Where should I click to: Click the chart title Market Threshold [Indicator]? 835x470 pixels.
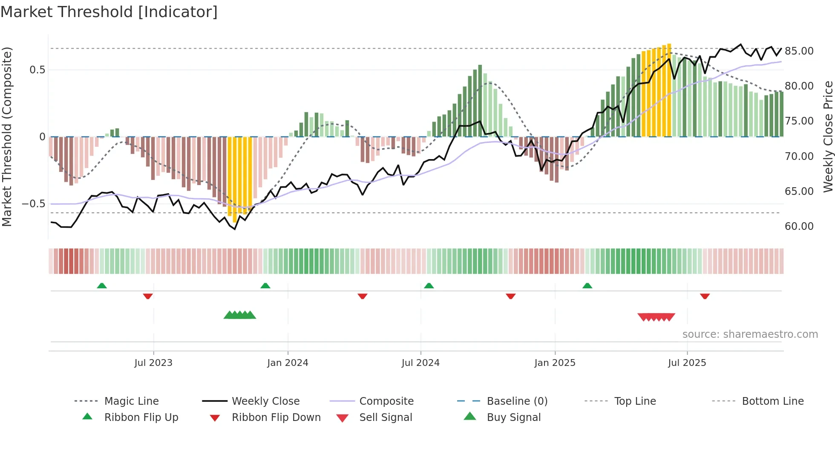coord(109,12)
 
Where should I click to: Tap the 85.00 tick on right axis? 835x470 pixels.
coord(799,51)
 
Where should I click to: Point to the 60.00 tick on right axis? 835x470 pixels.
coord(799,226)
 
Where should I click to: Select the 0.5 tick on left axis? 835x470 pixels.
coord(37,70)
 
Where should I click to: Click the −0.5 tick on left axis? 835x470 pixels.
coord(34,204)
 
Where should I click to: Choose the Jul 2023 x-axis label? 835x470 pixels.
coord(153,363)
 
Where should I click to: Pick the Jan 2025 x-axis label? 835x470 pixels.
coord(555,363)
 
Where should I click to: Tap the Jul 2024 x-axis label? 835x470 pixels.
coord(420,363)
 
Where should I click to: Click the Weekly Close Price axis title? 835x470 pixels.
coord(828,136)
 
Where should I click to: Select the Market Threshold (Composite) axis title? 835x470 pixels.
coord(7,136)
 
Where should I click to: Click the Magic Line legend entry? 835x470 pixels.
coord(131,401)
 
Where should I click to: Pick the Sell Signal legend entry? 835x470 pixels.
coord(386,418)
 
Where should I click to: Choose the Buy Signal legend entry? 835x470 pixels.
coord(513,418)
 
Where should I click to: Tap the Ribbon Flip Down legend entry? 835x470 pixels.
coord(276,418)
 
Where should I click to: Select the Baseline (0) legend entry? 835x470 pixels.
coord(517,401)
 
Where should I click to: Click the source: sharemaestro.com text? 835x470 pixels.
coord(750,334)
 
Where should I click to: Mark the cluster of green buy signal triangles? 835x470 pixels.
coord(240,315)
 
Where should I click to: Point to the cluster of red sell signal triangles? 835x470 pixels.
coord(656,317)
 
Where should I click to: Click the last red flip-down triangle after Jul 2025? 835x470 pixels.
coord(705,296)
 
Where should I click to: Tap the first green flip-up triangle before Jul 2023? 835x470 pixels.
coord(102,286)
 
